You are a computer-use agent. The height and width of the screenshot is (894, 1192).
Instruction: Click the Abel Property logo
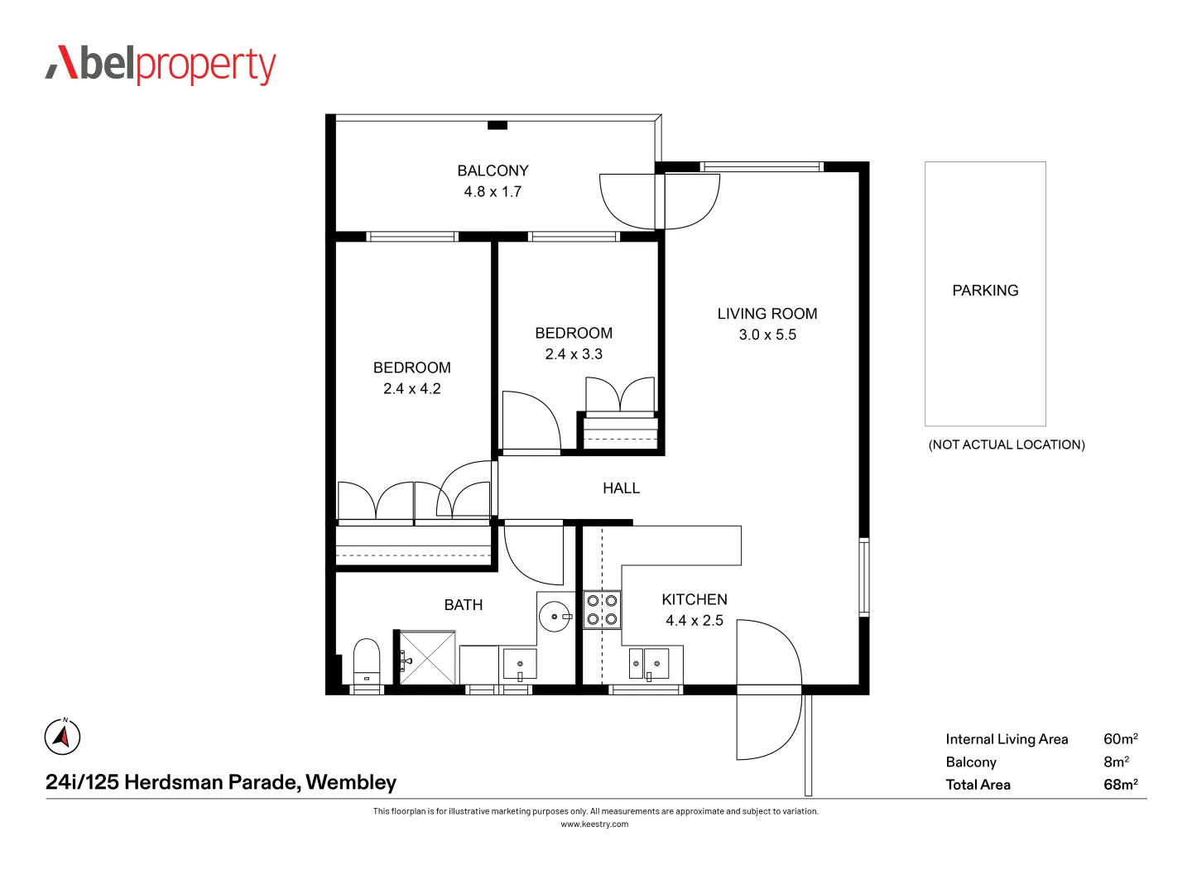coord(161,65)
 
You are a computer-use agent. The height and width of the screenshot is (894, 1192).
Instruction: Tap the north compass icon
coord(62,737)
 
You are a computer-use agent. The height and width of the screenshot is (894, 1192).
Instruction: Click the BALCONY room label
coord(493,171)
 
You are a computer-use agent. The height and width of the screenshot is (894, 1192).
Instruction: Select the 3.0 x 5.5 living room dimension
coord(767,334)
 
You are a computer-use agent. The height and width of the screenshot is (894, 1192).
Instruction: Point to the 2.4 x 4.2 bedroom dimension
coord(411,388)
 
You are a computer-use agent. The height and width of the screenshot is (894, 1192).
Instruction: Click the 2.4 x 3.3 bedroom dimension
coord(574,353)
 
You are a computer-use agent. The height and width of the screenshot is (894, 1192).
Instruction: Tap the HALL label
coord(621,488)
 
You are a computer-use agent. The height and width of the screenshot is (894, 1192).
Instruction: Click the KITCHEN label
coord(695,599)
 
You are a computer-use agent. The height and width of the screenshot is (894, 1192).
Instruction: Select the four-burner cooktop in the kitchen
coord(602,610)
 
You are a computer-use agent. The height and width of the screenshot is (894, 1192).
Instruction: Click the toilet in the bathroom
coord(366,661)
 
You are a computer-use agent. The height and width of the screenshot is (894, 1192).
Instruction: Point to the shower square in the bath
coord(427,658)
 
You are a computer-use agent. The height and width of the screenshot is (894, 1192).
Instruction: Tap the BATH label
coord(464,605)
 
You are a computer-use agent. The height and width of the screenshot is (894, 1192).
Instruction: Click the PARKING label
coord(985,291)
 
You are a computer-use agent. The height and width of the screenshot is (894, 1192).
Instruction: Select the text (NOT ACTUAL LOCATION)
coord(1007,445)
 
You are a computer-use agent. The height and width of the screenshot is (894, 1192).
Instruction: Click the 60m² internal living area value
coord(1120,739)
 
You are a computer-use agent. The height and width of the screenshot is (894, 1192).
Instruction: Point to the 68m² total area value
coord(1120,785)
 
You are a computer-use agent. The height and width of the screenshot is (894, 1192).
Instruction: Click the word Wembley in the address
coord(351,782)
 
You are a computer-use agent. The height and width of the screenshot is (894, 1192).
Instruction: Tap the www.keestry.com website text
coord(594,824)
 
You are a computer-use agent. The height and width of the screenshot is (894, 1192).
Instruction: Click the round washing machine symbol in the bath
coord(555,617)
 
